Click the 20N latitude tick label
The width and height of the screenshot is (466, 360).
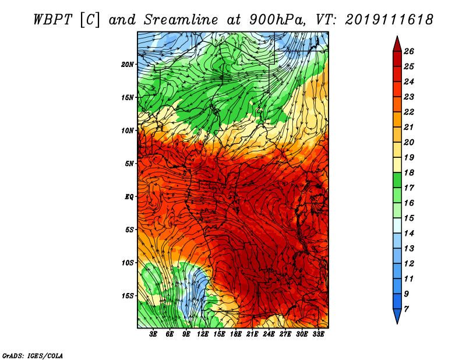[128, 64]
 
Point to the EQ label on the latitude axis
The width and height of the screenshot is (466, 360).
[129, 197]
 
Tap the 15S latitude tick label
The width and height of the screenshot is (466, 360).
[128, 296]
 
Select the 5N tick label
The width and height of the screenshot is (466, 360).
[129, 164]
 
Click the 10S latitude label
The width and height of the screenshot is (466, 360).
[128, 263]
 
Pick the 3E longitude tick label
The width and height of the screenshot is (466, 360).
[154, 334]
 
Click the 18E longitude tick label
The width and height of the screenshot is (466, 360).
[236, 334]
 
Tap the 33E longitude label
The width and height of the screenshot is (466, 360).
[318, 334]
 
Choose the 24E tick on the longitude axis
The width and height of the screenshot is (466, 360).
[269, 334]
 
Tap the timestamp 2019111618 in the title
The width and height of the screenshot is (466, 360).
[389, 19]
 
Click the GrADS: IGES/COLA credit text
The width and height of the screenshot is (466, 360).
[33, 355]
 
